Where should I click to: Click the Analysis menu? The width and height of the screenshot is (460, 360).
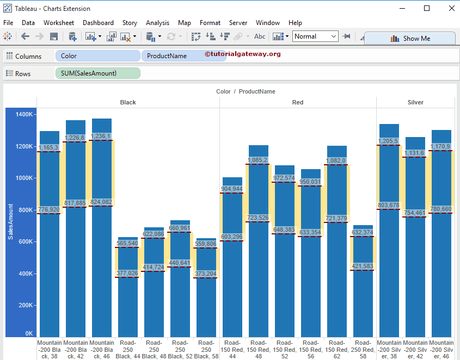(x=157, y=23)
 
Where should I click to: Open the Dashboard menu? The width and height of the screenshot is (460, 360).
(x=98, y=23)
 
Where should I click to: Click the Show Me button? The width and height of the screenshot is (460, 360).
(x=410, y=39)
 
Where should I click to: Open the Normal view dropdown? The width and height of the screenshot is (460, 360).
(x=315, y=36)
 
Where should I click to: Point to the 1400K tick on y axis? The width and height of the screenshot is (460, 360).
(x=24, y=115)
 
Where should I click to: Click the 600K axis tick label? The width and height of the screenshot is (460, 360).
(x=26, y=242)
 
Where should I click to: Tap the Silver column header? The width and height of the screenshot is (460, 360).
(x=415, y=102)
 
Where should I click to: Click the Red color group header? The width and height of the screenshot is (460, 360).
(x=298, y=102)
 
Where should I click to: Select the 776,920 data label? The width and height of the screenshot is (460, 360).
(x=49, y=209)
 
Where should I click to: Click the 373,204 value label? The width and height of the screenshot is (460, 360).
(x=206, y=274)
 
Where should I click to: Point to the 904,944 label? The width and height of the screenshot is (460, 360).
(x=232, y=189)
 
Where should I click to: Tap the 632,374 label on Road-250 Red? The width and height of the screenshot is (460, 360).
(x=363, y=233)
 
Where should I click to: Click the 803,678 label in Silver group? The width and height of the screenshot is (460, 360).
(x=389, y=205)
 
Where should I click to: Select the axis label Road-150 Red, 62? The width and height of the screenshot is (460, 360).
(x=336, y=349)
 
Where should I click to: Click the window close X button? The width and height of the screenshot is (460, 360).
(x=451, y=8)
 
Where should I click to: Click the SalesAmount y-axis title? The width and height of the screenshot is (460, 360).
(x=10, y=221)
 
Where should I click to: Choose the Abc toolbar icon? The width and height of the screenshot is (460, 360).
(x=260, y=36)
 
